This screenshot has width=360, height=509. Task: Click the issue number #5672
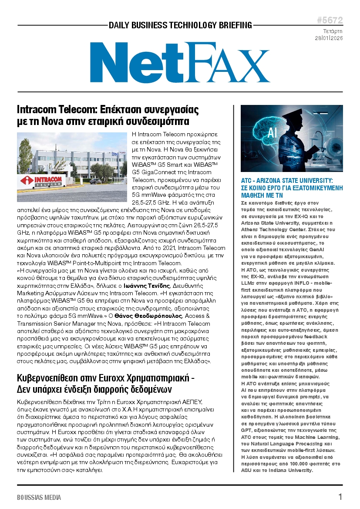pyautogui.click(x=330, y=20)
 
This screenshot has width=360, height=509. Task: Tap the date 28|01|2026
pyautogui.click(x=329, y=38)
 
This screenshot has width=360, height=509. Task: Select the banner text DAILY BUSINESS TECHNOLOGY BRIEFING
pyautogui.click(x=180, y=25)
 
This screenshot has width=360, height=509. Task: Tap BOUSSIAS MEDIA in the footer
pyautogui.click(x=39, y=497)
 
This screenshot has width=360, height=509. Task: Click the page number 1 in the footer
pyautogui.click(x=340, y=497)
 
